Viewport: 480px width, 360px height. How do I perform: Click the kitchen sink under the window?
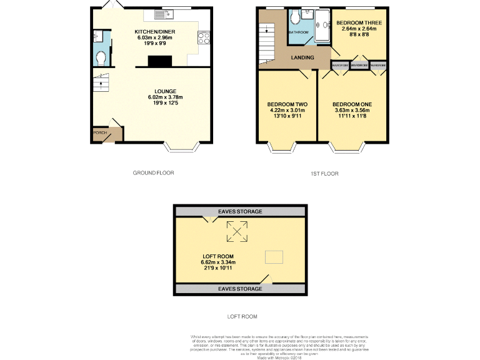pyautogui.click(x=167, y=13)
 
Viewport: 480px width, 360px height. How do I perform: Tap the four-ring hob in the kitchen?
pyautogui.click(x=204, y=39)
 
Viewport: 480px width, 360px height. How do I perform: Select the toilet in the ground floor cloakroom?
pyautogui.click(x=101, y=58)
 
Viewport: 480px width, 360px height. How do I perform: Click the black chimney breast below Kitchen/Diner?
pyautogui.click(x=159, y=61)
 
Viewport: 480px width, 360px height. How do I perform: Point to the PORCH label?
pyautogui.click(x=99, y=133)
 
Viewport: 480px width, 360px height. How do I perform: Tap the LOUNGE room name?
pyautogui.click(x=165, y=91)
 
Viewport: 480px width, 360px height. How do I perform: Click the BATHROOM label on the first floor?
pyautogui.click(x=298, y=32)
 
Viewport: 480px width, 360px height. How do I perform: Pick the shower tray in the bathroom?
pyautogui.click(x=323, y=26)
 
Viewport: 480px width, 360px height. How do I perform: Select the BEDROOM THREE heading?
pyautogui.click(x=361, y=22)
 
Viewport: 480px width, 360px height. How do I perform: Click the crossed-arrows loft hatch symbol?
pyautogui.click(x=237, y=232)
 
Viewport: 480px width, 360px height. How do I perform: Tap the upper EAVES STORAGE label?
pyautogui.click(x=241, y=212)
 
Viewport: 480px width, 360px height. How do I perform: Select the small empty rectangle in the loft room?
pyautogui.click(x=274, y=256)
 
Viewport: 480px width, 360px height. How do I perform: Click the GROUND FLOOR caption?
pyautogui.click(x=153, y=173)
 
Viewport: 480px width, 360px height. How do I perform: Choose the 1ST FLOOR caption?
pyautogui.click(x=324, y=174)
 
